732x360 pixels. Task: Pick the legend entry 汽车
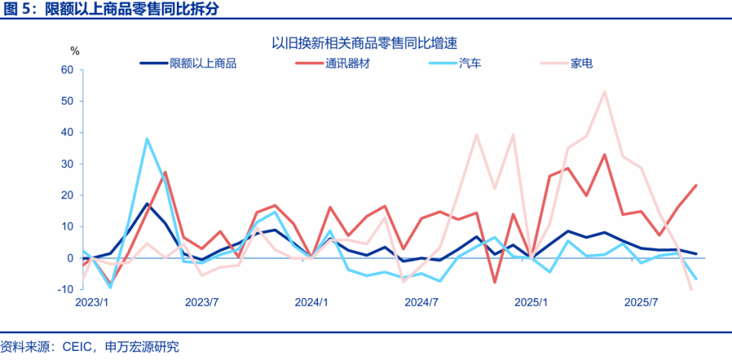point(470,63)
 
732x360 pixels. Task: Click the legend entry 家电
point(582,63)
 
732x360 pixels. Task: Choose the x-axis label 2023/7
point(202,302)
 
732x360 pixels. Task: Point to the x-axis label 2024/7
point(422,302)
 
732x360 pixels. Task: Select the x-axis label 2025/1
point(531,302)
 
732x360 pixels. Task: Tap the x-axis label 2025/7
point(641,302)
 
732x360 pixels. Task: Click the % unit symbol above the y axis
point(75,50)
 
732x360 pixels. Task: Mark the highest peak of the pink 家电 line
point(605,92)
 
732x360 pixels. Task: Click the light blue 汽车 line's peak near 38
point(146,139)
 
